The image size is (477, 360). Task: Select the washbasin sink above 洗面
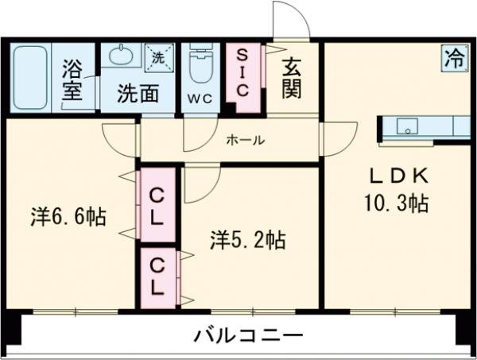(x=122, y=56)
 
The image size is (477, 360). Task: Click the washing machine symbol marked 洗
(x=157, y=56)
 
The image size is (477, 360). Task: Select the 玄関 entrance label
(x=291, y=77)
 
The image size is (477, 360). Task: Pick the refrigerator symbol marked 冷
(x=455, y=57)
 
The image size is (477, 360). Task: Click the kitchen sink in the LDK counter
(x=408, y=126)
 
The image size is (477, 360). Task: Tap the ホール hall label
(x=246, y=141)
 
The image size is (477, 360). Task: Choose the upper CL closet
(x=157, y=203)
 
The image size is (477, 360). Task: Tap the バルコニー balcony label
(x=249, y=335)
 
